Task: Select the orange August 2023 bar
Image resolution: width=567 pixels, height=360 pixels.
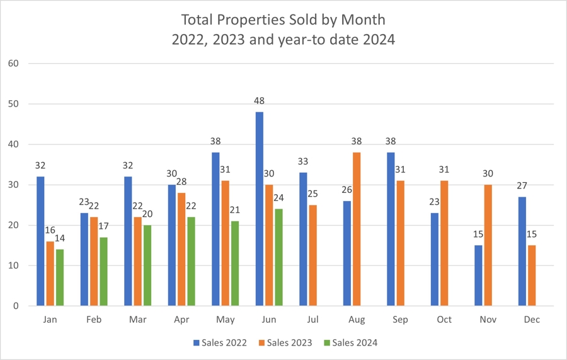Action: (357, 229)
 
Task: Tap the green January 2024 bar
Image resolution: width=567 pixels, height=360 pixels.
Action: (60, 277)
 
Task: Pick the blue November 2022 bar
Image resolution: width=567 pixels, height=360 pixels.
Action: (478, 276)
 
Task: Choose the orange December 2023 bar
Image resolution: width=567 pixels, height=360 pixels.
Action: (532, 276)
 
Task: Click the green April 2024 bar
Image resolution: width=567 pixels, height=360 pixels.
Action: (191, 261)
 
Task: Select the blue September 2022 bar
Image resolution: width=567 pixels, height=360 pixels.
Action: (391, 229)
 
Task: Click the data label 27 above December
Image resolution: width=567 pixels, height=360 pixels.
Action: (522, 186)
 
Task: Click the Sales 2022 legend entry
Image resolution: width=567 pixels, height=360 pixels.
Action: (220, 342)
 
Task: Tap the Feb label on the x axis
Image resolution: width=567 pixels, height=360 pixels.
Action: (94, 320)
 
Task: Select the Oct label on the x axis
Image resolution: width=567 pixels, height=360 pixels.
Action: (444, 320)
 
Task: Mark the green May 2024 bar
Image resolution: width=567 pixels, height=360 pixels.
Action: (235, 264)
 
